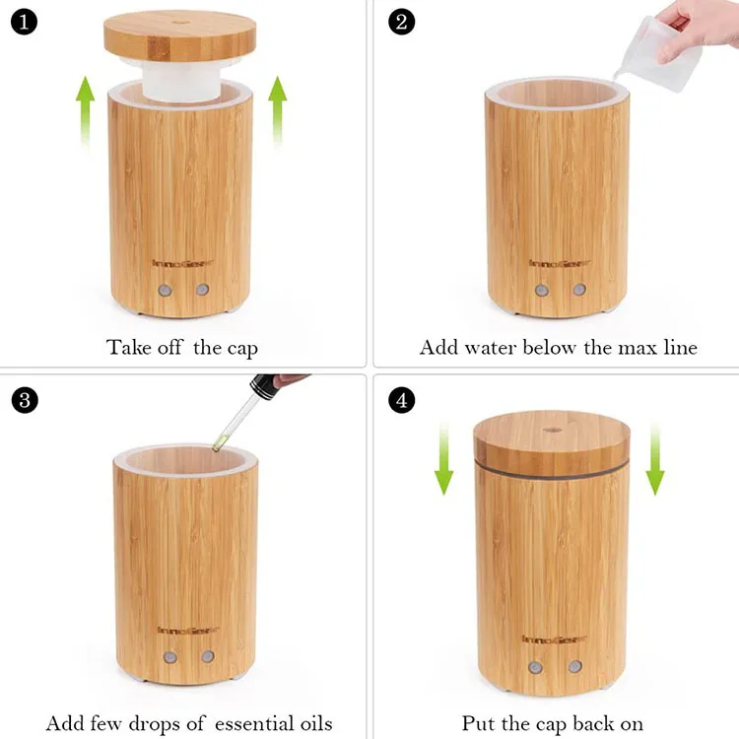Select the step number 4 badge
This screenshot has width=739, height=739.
pyautogui.click(x=400, y=400)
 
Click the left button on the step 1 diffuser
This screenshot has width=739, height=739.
pyautogui.click(x=165, y=291)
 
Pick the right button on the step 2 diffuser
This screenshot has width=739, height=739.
pyautogui.click(x=579, y=291)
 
